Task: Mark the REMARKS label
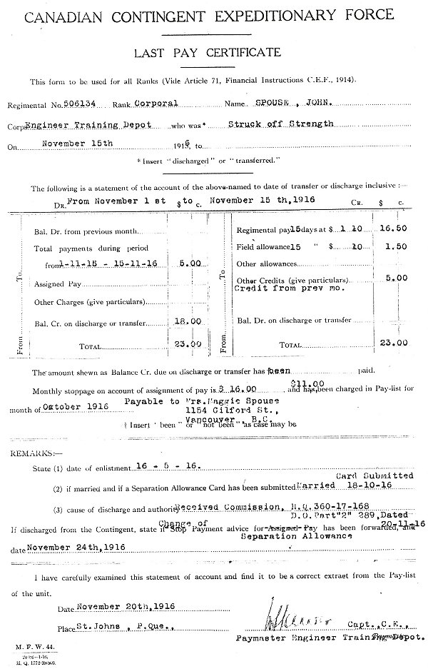pyautogui.click(x=26, y=453)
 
